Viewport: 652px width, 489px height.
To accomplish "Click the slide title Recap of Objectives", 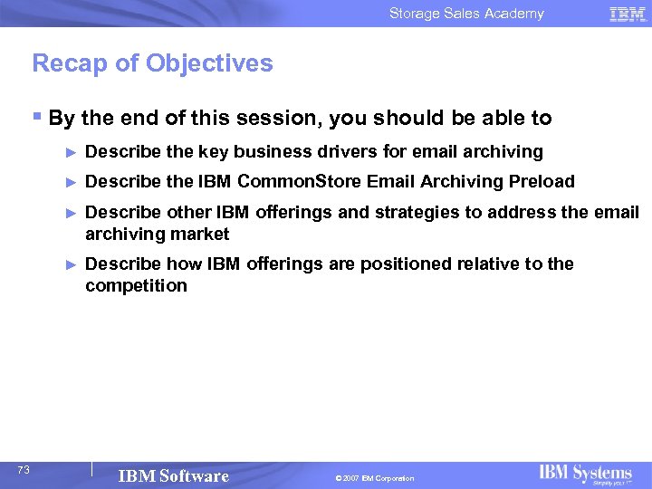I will point(152,63).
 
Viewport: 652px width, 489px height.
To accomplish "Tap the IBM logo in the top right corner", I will point(628,14).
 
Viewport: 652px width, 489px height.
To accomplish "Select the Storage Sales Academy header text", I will point(466,14).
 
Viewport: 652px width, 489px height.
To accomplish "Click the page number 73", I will point(24,469).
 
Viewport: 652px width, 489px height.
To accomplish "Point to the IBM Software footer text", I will point(173,476).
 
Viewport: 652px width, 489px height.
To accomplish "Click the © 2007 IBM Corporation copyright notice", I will point(373,478).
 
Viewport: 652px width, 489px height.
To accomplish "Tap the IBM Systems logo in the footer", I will point(585,475).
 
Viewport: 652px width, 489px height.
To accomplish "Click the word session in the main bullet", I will point(283,119).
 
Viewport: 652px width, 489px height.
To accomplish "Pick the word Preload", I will point(542,181).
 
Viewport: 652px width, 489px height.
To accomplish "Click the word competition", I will point(136,286).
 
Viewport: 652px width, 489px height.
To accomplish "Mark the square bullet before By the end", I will point(36,117).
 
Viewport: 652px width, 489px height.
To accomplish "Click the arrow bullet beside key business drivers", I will point(72,152).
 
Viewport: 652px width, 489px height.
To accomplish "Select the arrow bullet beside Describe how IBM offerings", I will point(72,264).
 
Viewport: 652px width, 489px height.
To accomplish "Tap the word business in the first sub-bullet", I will point(270,151).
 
